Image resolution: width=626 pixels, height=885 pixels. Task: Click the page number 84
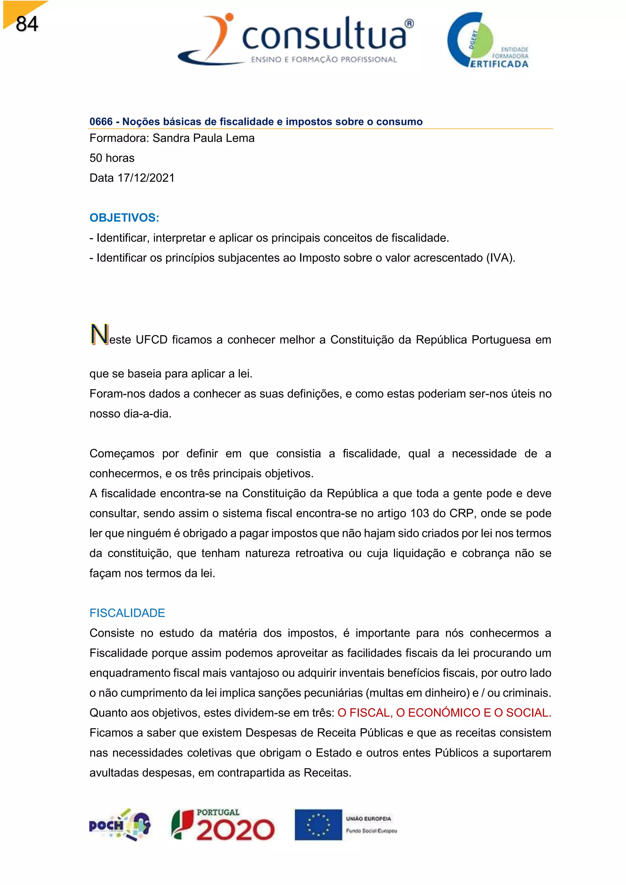point(27,24)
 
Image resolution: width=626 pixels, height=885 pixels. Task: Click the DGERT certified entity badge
point(488,40)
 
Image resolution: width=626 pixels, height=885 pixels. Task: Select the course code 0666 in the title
point(101,122)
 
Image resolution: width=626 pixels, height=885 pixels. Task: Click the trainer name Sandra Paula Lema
point(204,138)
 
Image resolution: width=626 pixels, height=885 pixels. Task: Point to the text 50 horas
point(112,158)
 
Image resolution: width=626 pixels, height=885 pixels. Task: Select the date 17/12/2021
point(146,178)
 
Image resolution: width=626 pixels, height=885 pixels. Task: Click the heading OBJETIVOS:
point(124,218)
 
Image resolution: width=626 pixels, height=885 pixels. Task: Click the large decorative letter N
point(99,334)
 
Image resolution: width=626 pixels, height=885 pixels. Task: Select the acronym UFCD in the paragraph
point(152,340)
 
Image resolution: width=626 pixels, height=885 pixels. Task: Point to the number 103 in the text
point(419,514)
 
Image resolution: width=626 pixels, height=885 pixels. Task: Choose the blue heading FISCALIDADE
point(127,613)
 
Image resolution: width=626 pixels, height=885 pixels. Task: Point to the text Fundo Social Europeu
point(371,831)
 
